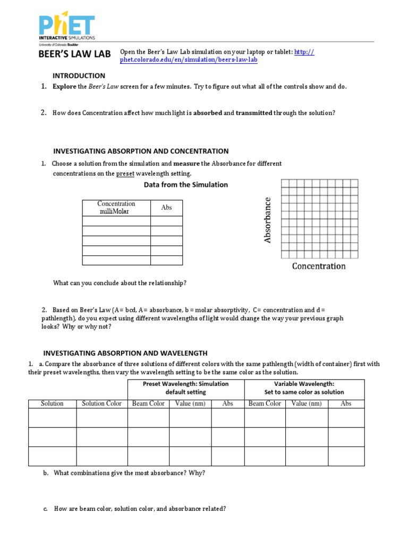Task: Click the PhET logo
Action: [x=66, y=28]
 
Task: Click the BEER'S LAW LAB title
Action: [x=74, y=54]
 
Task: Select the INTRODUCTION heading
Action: [x=79, y=76]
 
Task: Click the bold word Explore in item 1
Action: [x=64, y=86]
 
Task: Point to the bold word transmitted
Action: [x=253, y=113]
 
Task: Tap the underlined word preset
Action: [x=125, y=174]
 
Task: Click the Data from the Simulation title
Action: [x=186, y=185]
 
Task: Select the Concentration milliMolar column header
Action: [x=117, y=208]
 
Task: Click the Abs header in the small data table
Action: [x=166, y=208]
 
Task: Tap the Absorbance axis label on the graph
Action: [x=268, y=220]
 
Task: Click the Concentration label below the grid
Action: [x=319, y=266]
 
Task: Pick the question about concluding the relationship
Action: [x=120, y=283]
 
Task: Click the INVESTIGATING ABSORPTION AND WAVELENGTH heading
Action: [x=125, y=353]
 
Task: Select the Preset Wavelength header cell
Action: [x=185, y=387]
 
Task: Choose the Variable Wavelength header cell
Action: [x=304, y=387]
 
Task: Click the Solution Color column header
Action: [x=101, y=403]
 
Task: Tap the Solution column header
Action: [x=52, y=403]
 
